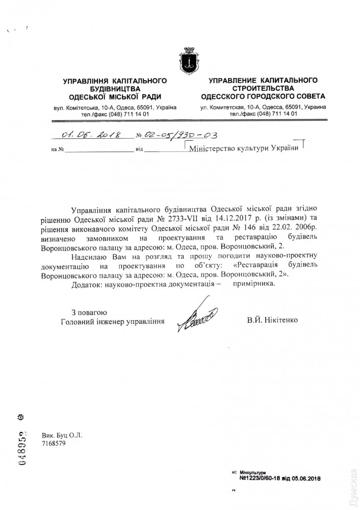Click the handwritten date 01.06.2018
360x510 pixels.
click(x=89, y=136)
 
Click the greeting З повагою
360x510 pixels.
click(x=89, y=312)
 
